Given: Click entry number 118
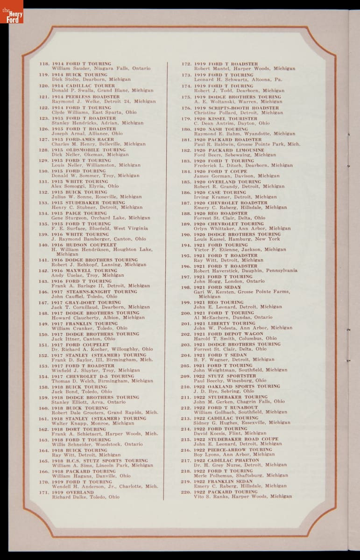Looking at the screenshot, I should pyautogui.click(x=44, y=64).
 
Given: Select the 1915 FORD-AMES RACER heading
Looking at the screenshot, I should pyautogui.click(x=83, y=139).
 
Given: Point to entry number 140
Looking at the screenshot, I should pyautogui.click(x=44, y=245).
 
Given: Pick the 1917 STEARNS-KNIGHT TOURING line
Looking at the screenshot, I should pyautogui.click(x=88, y=292).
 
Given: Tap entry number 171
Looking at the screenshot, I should pyautogui.click(x=44, y=492).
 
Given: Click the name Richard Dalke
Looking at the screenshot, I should pyautogui.click(x=67, y=497).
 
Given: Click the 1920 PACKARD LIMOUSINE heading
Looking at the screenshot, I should pyautogui.click(x=229, y=150).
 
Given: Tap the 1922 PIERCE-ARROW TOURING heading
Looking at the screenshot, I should pyautogui.click(x=233, y=449).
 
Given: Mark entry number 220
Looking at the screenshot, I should pyautogui.click(x=186, y=492).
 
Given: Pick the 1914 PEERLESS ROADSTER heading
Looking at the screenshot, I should pyautogui.click(x=85, y=97).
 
